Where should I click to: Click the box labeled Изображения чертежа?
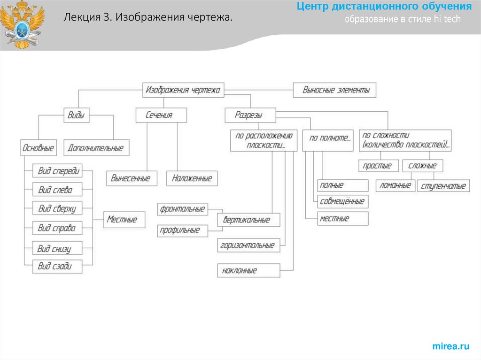coord(183,90)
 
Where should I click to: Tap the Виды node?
coord(76,115)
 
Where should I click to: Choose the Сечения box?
coord(161,115)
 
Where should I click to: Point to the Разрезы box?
coord(249,115)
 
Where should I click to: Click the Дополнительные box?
coord(96,148)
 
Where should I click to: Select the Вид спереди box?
coord(57,170)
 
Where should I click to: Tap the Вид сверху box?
coord(57,209)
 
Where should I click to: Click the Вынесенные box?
coord(131,178)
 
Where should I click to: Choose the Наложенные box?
coord(192,178)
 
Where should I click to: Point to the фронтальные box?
coord(183,209)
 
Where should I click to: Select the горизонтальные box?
coord(248,245)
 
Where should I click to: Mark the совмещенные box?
coord(343,201)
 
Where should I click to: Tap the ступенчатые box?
coord(444,186)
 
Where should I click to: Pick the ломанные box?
coord(396,185)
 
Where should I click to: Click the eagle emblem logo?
coord(22,24)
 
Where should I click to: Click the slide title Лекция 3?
coord(147,18)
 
